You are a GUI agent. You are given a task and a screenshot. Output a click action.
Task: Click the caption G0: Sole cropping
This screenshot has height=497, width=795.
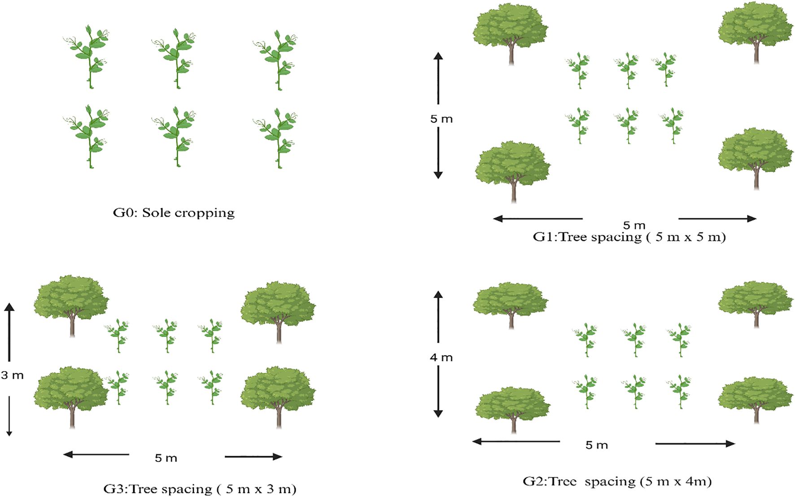174,212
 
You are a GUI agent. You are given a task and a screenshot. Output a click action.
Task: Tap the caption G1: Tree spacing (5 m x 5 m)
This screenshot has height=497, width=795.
629,237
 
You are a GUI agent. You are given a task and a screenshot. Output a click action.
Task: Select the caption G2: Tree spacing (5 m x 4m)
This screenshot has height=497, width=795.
617,482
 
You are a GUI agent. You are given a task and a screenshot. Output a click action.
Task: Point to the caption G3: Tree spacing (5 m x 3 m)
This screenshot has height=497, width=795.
200,488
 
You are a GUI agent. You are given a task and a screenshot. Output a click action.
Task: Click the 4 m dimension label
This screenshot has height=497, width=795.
441,358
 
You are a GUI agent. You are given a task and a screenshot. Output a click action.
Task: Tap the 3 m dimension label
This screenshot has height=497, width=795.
12,375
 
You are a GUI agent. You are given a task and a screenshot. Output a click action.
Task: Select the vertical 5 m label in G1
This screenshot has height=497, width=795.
441,119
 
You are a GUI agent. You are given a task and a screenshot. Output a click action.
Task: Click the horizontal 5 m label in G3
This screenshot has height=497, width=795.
166,458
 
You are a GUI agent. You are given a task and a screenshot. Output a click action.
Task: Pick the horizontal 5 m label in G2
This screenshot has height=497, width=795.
597,445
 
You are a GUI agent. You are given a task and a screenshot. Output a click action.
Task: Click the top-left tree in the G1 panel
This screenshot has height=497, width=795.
511,31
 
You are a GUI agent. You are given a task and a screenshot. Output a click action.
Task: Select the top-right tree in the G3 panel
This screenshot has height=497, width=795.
278,309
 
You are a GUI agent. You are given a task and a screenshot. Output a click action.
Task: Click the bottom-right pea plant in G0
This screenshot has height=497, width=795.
277,137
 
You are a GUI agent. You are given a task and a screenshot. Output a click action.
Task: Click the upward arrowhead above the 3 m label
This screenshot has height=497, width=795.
9,307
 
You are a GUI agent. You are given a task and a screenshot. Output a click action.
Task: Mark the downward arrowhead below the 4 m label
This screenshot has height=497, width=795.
438,413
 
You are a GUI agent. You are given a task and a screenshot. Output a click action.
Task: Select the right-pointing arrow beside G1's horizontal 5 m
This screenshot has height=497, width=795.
718,219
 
